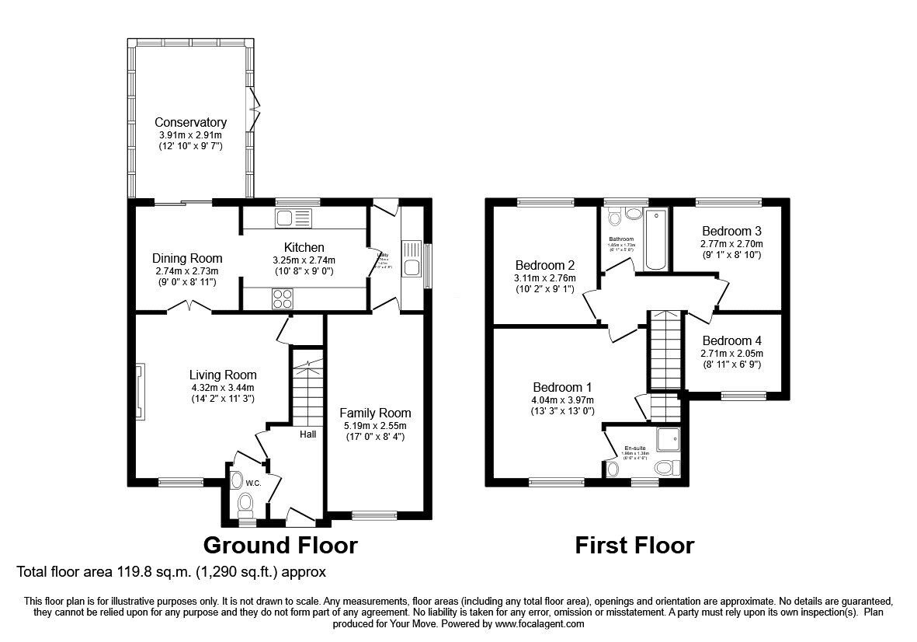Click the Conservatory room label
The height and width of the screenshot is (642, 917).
pos(190,122)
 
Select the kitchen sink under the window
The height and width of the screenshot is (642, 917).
pos(293,218)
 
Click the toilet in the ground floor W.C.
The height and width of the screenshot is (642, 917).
pos(245,504)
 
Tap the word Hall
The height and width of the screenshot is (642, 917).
pos(307,434)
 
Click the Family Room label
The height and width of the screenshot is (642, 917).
pos(375,413)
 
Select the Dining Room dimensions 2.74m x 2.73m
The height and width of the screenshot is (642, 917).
pos(186,270)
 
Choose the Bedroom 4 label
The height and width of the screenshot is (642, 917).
pos(731,340)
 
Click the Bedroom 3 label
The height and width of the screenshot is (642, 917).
pos(731,231)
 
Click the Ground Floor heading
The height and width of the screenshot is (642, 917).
pos(280,545)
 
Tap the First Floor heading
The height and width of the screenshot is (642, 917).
pos(634,545)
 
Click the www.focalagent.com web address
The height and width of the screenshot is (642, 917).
pos(539,623)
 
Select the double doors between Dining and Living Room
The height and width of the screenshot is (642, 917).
pos(189,308)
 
